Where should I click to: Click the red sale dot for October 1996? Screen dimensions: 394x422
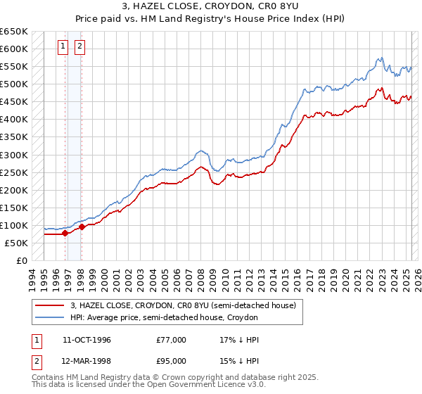tap(65, 233)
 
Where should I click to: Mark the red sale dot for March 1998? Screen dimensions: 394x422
tap(82, 227)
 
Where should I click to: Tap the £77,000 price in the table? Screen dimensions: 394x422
tap(172, 340)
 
